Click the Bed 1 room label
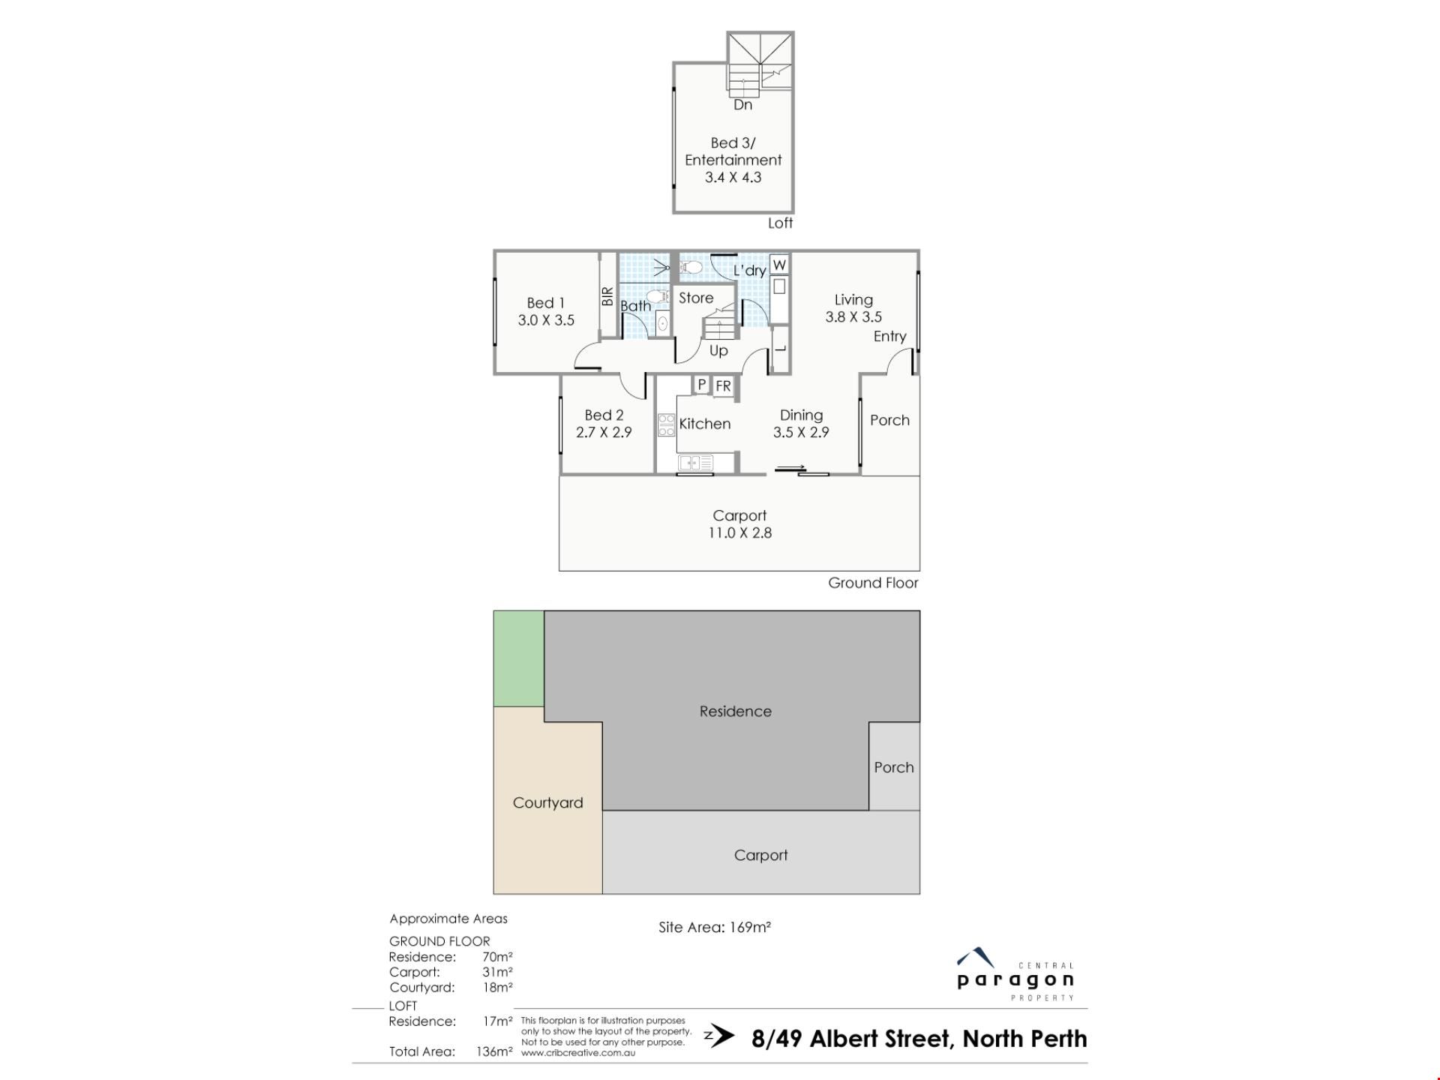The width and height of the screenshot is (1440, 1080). (545, 303)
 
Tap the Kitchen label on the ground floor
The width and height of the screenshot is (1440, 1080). (704, 424)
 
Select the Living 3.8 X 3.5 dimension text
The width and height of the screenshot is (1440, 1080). (853, 317)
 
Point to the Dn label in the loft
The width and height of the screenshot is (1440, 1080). (742, 105)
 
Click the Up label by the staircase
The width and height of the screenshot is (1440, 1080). (718, 351)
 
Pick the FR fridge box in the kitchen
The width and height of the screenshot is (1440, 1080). (723, 386)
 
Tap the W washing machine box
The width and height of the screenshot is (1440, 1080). (779, 265)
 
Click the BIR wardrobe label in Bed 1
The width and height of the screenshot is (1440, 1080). (607, 296)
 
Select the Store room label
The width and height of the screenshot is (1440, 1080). (696, 298)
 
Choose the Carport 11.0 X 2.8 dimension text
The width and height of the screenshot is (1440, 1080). (739, 533)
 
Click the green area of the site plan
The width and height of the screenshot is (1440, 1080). (519, 658)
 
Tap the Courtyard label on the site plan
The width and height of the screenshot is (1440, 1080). (547, 802)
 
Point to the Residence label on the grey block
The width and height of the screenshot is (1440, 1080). (735, 711)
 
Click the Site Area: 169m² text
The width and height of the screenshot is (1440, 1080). (715, 927)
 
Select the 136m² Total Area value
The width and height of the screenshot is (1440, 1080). (494, 1051)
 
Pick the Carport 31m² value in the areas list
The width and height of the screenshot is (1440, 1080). (497, 972)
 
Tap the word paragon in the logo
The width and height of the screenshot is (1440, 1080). (1015, 979)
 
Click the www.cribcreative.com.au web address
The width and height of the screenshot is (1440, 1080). (578, 1053)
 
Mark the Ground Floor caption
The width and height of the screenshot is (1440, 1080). (873, 583)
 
